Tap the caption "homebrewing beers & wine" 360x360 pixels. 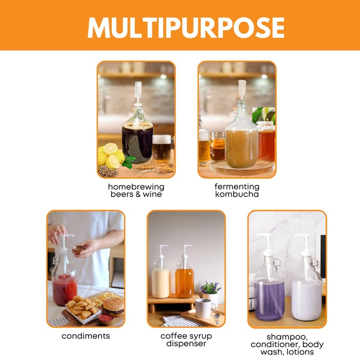pyautogui.click(x=136, y=190)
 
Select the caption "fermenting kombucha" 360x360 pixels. pyautogui.click(x=237, y=190)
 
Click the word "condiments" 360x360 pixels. pyautogui.click(x=85, y=336)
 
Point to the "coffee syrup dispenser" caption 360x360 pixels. pyautogui.click(x=186, y=340)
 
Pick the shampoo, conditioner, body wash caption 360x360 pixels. pyautogui.click(x=288, y=344)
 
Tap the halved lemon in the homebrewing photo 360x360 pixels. pyautogui.click(x=111, y=149)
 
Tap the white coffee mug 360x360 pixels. pyautogui.click(x=204, y=308)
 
